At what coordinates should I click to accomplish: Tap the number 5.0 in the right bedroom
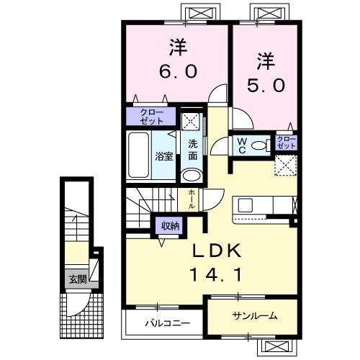pyautogui.click(x=266, y=84)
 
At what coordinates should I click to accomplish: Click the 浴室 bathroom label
pyautogui.click(x=164, y=156)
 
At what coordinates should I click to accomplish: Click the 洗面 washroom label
pyautogui.click(x=193, y=150)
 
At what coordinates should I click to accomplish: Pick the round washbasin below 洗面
pyautogui.click(x=192, y=175)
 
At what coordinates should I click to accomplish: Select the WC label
pyautogui.click(x=241, y=144)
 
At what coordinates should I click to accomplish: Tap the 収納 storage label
pyautogui.click(x=170, y=226)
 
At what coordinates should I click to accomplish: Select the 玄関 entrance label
pyautogui.click(x=77, y=279)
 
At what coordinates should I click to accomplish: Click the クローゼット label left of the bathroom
pyautogui.click(x=151, y=115)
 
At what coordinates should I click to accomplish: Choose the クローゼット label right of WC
pyautogui.click(x=286, y=142)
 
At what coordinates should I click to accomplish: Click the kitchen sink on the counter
pyautogui.click(x=246, y=204)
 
